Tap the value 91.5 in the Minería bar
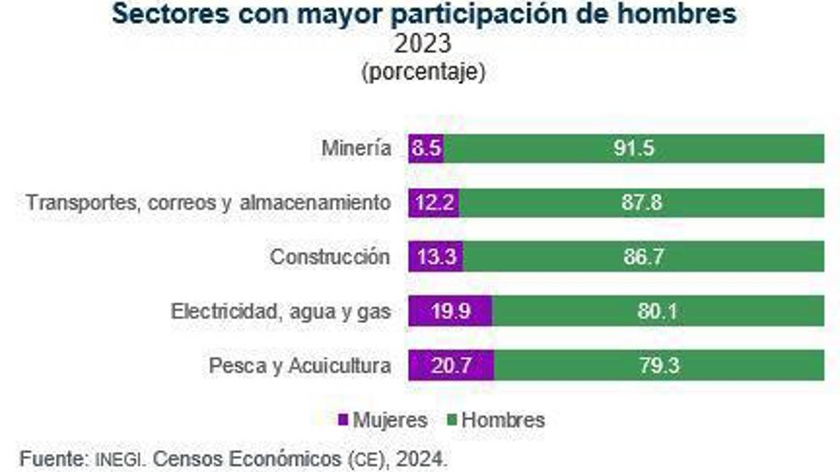[634, 149]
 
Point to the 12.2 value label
[434, 203]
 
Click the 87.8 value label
[642, 203]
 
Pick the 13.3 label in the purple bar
[436, 257]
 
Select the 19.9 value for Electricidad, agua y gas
[450, 312]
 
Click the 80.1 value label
[658, 312]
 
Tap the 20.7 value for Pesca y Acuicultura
[451, 366]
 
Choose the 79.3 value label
[659, 366]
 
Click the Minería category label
[356, 149]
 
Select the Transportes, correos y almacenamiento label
[208, 203]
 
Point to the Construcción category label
[330, 257]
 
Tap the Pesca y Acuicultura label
[300, 366]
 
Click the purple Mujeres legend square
[343, 420]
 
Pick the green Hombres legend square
[452, 420]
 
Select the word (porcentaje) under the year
[422, 73]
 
